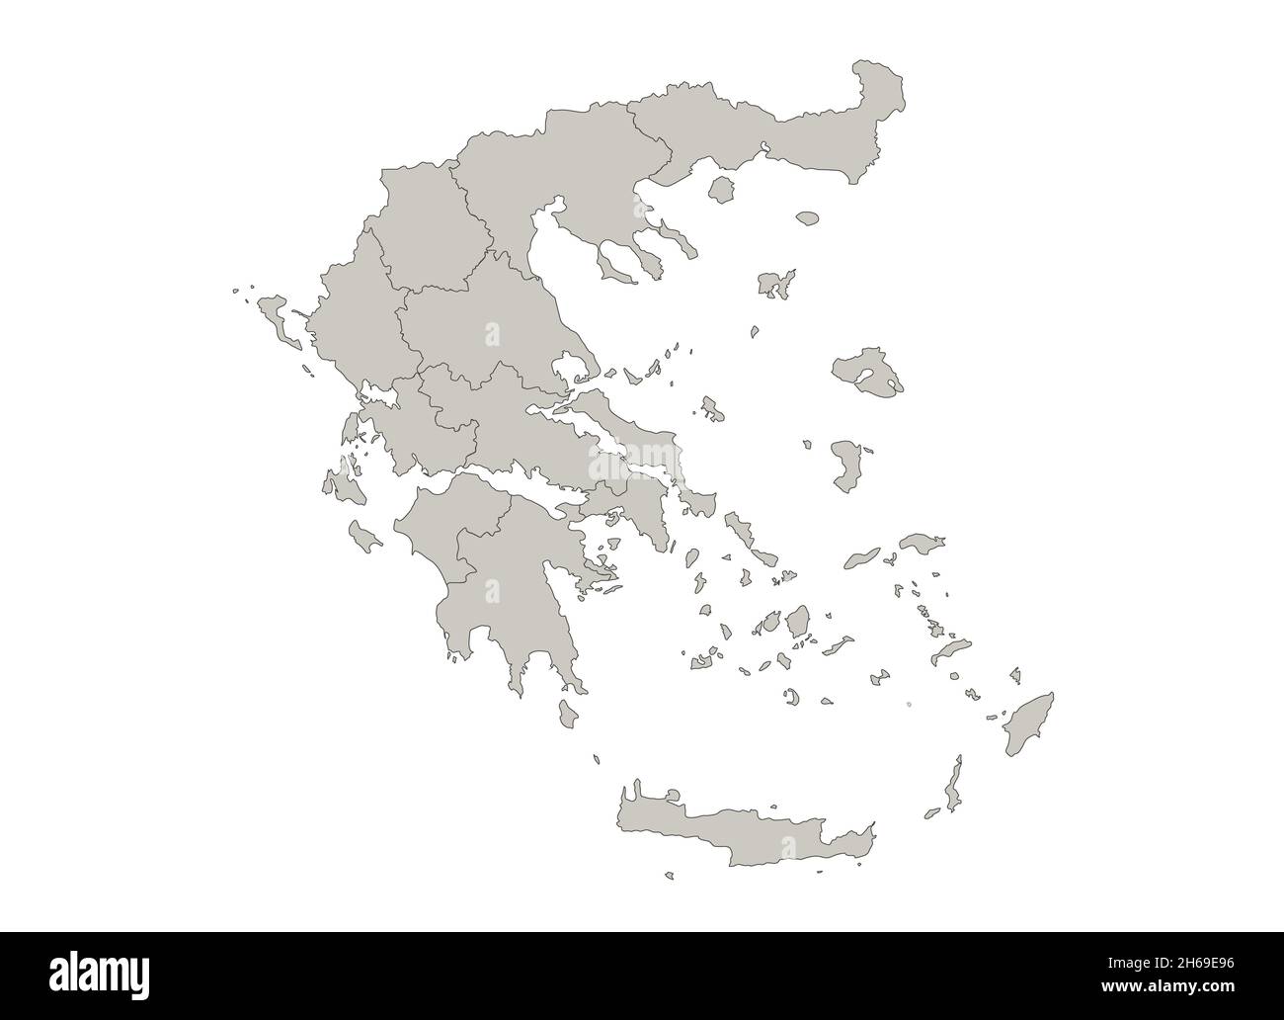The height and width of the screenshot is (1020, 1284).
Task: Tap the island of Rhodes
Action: point(1028,725)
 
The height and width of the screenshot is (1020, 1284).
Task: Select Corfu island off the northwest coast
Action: point(276,316)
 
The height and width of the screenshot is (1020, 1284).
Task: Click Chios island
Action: point(846,465)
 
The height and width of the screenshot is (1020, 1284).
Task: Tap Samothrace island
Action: point(808,216)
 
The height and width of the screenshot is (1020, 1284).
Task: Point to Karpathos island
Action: point(954,786)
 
